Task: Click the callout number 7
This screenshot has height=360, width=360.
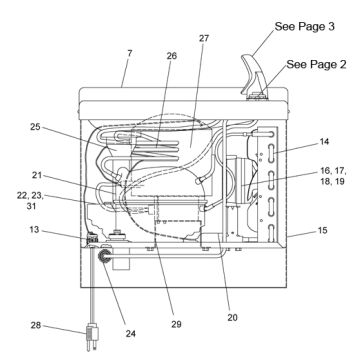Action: pyautogui.click(x=130, y=53)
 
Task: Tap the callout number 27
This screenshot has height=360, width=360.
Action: pyautogui.click(x=204, y=38)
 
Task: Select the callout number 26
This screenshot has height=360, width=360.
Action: pyautogui.click(x=172, y=56)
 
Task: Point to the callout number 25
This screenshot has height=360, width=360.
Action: pyautogui.click(x=35, y=127)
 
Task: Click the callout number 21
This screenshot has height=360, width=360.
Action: pyautogui.click(x=37, y=174)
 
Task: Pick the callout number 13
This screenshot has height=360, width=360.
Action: pyautogui.click(x=34, y=230)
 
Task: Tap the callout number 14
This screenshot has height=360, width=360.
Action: pyautogui.click(x=324, y=142)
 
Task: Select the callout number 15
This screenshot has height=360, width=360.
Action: pyautogui.click(x=322, y=230)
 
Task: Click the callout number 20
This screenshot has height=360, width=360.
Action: pyautogui.click(x=232, y=318)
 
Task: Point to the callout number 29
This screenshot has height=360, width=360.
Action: pyautogui.click(x=176, y=324)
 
